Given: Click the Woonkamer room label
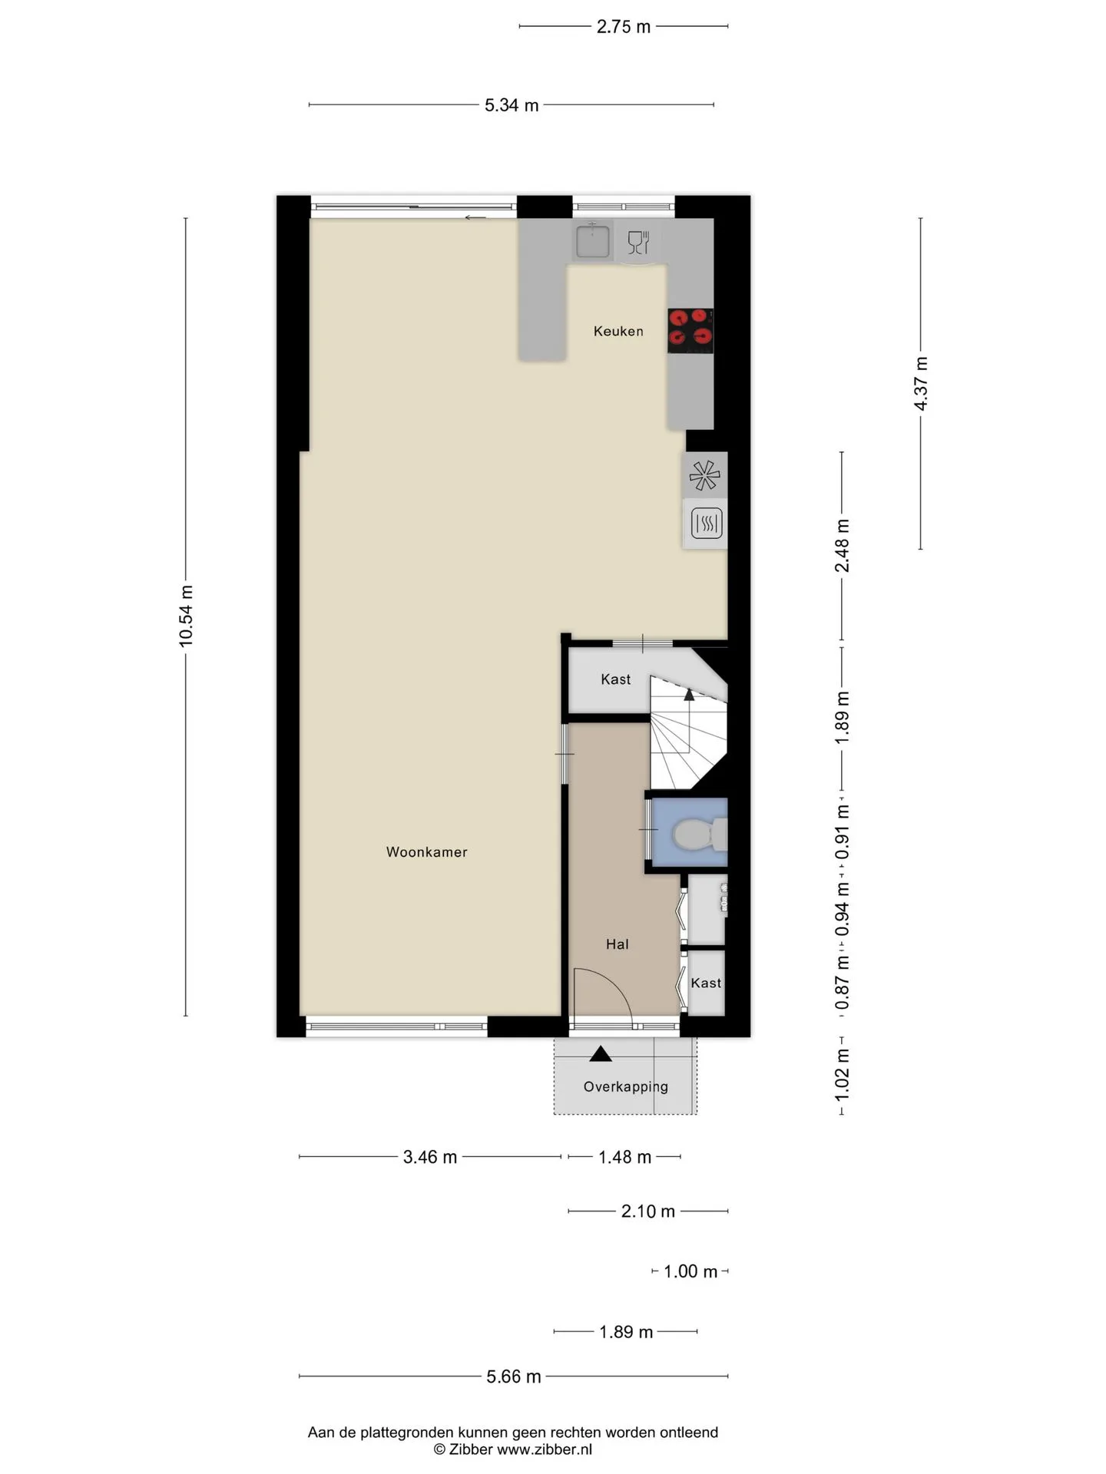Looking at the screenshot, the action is click(x=426, y=851).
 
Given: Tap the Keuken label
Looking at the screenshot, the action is click(x=618, y=331).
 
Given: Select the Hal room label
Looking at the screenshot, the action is click(x=617, y=944).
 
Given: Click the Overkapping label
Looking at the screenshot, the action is click(x=625, y=1086).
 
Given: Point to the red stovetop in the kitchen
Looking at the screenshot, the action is click(x=690, y=330).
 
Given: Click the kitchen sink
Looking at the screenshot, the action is click(x=592, y=241).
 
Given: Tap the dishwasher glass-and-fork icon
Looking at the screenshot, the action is click(x=638, y=243).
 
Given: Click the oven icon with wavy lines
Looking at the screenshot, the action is click(x=706, y=524).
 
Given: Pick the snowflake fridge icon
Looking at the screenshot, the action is click(x=704, y=476).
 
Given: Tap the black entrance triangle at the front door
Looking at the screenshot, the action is click(x=601, y=1054).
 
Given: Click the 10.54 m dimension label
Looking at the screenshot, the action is click(x=186, y=616).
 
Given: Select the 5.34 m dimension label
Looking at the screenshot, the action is click(x=512, y=105).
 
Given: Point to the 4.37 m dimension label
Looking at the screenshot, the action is click(x=921, y=383).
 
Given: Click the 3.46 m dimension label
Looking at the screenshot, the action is click(x=430, y=1157).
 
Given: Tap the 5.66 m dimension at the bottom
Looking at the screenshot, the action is click(x=514, y=1377).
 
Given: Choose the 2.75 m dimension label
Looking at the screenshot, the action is click(x=624, y=27).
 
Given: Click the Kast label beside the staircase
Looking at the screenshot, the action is click(x=615, y=679).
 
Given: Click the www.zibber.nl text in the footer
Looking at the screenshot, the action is click(x=545, y=1449).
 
